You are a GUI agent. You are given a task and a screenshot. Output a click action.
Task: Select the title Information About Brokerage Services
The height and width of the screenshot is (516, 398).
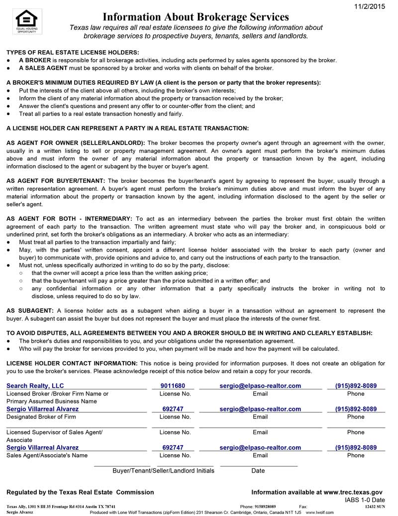[x=196, y=17]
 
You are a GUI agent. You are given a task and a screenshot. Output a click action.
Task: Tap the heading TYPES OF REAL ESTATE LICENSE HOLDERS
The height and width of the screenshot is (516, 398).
[x=73, y=52]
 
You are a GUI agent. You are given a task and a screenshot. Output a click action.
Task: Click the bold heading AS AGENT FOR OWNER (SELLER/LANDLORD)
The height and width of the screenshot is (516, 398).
[x=76, y=143]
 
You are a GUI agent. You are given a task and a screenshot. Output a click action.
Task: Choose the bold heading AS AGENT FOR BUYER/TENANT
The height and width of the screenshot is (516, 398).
[x=56, y=181]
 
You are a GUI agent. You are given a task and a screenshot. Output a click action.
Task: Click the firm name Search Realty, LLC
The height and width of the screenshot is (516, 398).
[x=35, y=386]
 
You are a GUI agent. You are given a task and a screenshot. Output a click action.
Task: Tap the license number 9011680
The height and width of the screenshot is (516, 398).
[x=173, y=386]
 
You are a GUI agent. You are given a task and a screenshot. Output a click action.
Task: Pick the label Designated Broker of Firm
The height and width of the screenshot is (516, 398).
[x=41, y=417]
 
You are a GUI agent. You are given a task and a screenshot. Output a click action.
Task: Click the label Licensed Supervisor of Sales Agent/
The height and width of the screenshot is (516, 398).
[x=54, y=432]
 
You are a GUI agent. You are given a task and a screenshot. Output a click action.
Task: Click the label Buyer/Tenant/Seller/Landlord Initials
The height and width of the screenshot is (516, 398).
[x=163, y=471]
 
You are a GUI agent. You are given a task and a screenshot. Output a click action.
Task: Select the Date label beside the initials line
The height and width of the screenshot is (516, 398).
[x=258, y=471]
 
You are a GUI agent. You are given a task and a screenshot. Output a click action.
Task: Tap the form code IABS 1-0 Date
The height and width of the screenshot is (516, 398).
[x=365, y=500]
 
